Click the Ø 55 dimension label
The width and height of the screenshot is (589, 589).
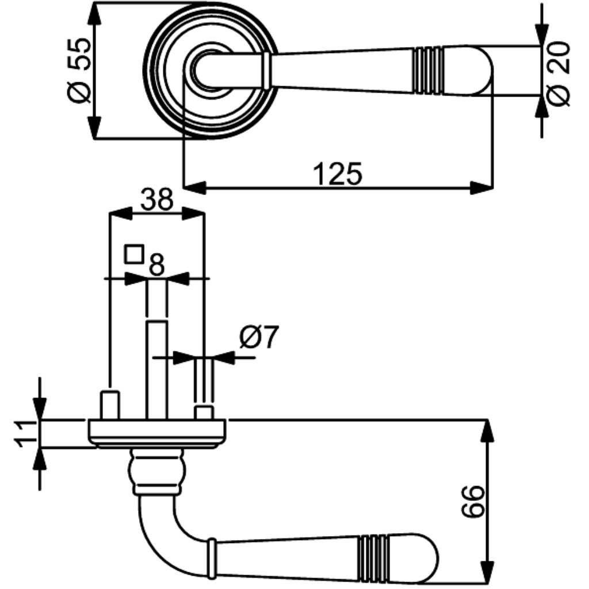coord(79,70)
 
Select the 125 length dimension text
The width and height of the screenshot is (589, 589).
coord(338,174)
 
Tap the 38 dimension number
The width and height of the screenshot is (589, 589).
coord(157,200)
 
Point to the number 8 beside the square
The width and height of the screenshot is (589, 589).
coord(156,265)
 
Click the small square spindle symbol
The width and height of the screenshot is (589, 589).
coord(134,254)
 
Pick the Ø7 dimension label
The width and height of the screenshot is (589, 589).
coord(259,337)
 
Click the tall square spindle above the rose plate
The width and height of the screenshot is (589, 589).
coord(156,370)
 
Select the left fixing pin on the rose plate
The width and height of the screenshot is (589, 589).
coord(110,406)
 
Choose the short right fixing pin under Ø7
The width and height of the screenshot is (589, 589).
coord(204,413)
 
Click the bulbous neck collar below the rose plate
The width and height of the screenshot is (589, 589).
coord(157,471)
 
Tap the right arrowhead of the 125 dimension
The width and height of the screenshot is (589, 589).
coord(481,188)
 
